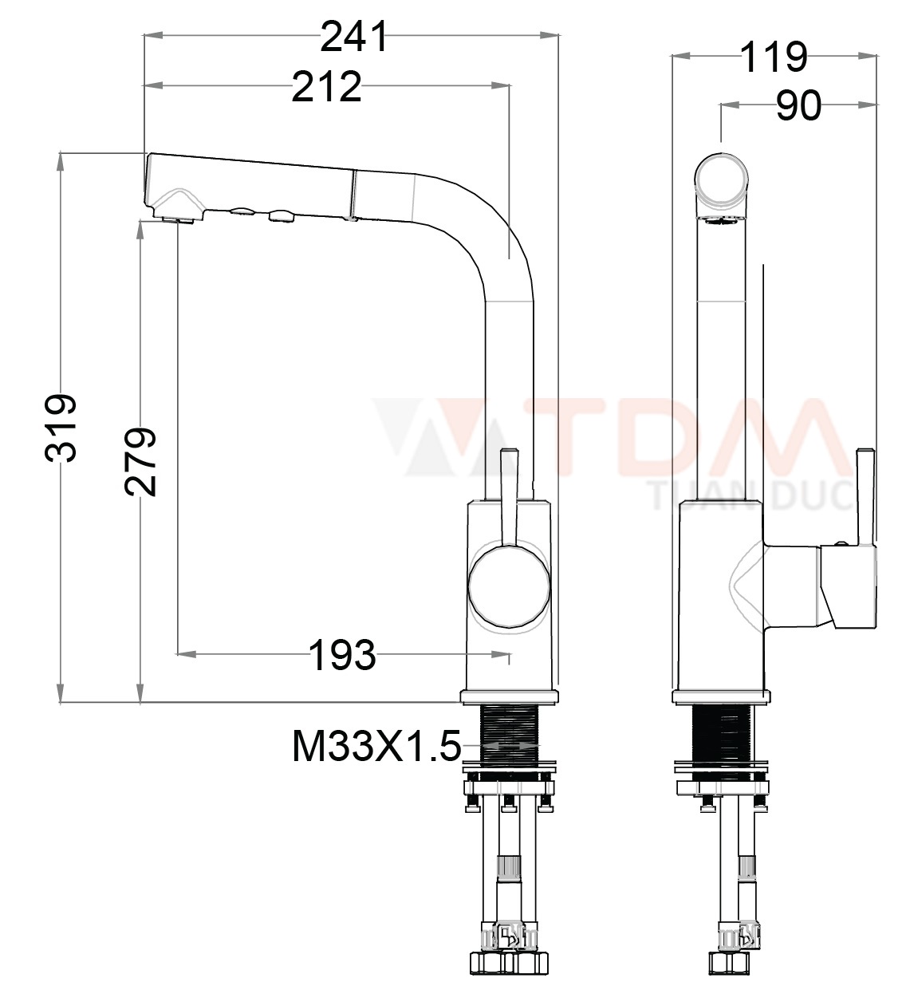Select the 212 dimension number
tap(326, 87)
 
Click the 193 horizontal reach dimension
tap(341, 655)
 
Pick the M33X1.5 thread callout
tap(376, 747)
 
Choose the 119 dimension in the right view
tap(773, 57)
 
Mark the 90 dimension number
tap(798, 105)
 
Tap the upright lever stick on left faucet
tap(508, 495)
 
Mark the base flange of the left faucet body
tap(508, 696)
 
